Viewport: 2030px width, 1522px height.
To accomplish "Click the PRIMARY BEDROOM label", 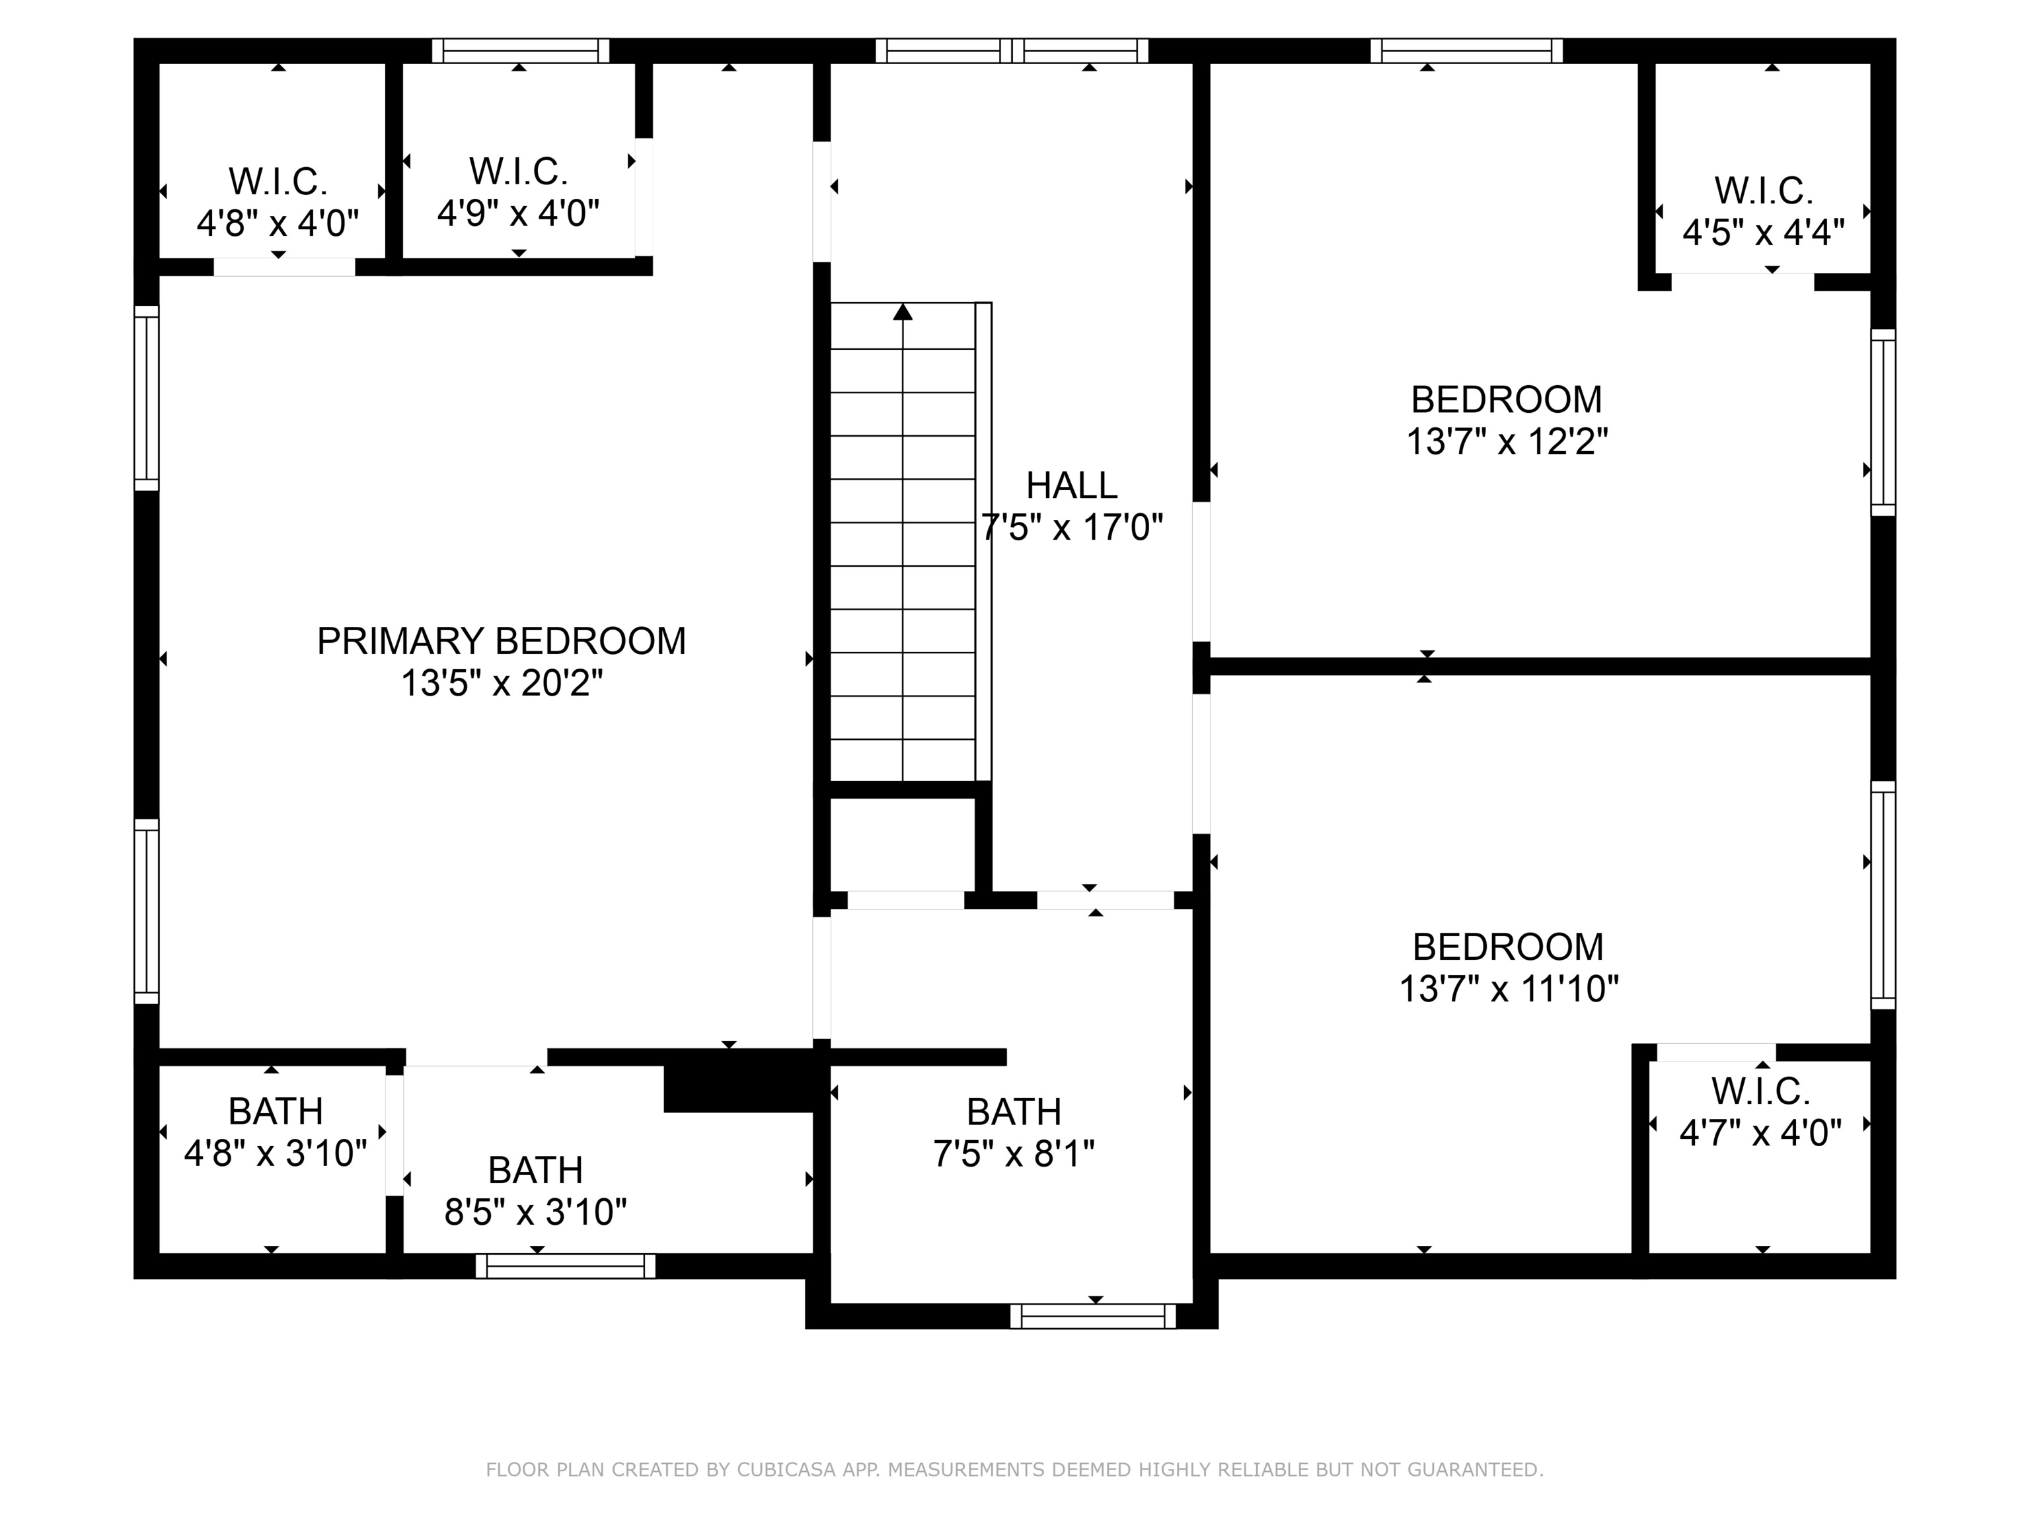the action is click(501, 641).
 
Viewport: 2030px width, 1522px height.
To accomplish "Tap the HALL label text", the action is click(1071, 486).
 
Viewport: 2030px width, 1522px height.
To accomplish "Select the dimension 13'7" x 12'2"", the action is click(1507, 442).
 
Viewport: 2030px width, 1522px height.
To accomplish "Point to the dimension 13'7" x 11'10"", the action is click(1508, 989).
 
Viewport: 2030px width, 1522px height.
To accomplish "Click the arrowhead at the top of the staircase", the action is click(903, 312).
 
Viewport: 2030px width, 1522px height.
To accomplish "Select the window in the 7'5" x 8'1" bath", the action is click(1093, 1317).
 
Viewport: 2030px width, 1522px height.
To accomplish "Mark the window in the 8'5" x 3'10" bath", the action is click(565, 1267).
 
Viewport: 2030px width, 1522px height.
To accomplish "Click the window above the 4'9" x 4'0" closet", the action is click(520, 50).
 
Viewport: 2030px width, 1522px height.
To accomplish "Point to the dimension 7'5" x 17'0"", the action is click(1072, 528).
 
